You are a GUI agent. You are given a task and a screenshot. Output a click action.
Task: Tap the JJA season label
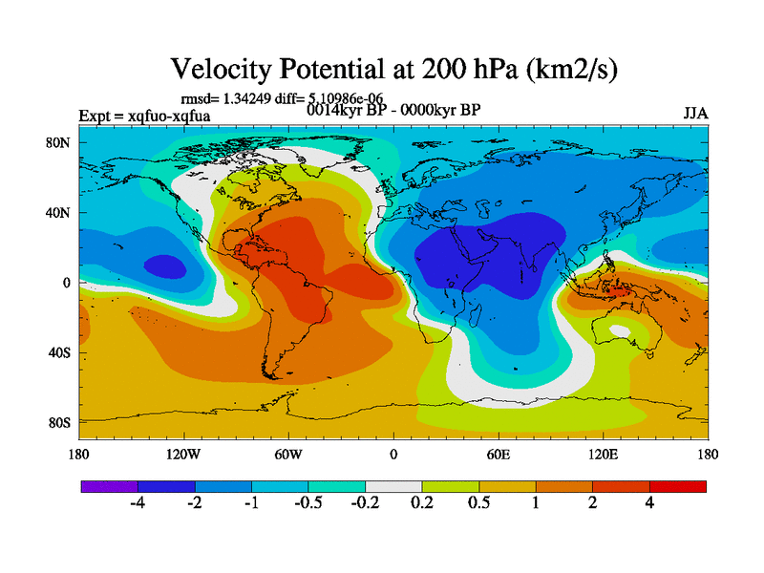[696, 114]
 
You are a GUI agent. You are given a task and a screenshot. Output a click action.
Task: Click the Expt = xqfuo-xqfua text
[144, 117]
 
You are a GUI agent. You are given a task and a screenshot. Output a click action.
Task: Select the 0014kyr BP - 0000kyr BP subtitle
[393, 109]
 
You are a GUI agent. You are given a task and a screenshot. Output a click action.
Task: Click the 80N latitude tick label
[59, 143]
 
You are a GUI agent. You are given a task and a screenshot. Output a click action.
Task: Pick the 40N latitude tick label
[59, 213]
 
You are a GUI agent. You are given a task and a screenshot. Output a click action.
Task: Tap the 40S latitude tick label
[59, 352]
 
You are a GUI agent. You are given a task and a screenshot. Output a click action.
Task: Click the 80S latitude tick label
[59, 422]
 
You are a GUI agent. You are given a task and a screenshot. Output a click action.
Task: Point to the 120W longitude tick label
[182, 455]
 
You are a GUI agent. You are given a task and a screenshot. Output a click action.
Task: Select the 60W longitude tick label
[288, 455]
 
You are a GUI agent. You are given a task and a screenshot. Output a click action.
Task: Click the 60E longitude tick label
[499, 455]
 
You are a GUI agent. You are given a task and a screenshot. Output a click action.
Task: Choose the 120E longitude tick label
[603, 455]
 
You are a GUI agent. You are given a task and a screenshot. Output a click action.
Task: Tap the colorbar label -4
[138, 504]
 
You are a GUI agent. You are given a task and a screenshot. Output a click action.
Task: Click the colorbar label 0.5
[478, 504]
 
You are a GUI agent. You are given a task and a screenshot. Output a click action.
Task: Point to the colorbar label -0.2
[365, 504]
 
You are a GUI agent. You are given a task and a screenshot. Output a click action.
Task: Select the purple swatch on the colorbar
[109, 486]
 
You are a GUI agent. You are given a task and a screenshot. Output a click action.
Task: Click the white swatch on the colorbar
[393, 486]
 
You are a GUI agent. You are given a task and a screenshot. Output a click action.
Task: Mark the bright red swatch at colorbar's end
[678, 486]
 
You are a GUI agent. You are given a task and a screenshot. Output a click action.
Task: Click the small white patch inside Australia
[620, 331]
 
